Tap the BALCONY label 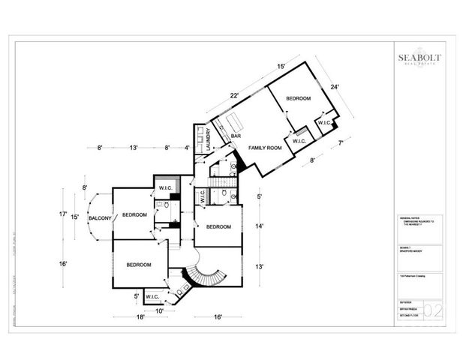point(100,218)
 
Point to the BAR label point(235,136)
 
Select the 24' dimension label point(335,87)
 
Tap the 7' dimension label point(340,142)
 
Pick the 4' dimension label point(188,148)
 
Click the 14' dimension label point(259,226)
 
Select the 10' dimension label point(159,310)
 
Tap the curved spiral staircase point(202,274)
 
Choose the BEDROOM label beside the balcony point(134,216)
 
